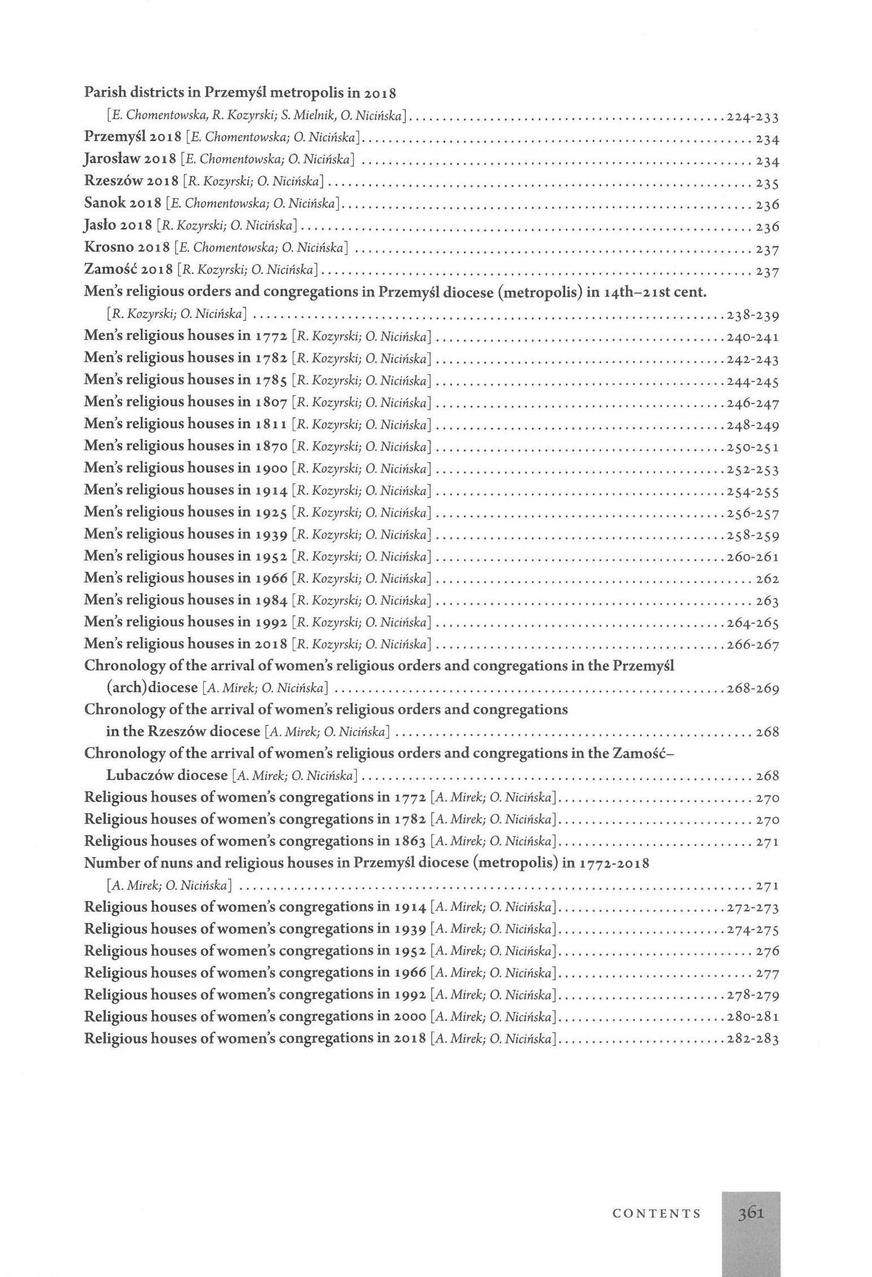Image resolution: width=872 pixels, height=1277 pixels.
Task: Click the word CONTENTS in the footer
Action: (x=656, y=1213)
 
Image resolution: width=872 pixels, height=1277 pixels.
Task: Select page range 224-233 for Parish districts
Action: (x=752, y=118)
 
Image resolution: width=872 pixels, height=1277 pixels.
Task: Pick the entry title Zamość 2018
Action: (x=128, y=270)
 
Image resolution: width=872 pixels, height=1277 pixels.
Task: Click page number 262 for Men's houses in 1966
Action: (x=767, y=579)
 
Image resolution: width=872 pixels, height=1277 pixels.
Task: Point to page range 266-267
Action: (x=752, y=645)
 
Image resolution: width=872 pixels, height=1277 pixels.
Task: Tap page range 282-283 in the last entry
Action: (x=752, y=1039)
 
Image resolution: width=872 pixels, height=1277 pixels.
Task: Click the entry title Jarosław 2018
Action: (x=130, y=160)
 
